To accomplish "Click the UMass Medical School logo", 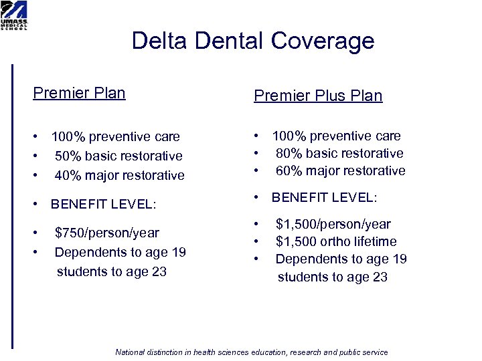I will coord(14,15).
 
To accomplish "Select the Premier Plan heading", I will coord(79,93).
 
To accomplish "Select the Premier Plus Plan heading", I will coord(318,96).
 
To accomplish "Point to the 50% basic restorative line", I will coord(118,156).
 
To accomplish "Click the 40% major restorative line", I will coord(119,176).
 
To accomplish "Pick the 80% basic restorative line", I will coord(339,154).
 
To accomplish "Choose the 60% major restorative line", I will coord(340,171).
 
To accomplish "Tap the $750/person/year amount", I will coord(107,233).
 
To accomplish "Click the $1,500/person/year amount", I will coord(333,225).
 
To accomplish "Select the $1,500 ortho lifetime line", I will coord(336,242).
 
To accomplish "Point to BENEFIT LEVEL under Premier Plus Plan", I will coord(324,199).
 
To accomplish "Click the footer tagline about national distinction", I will coord(252,352).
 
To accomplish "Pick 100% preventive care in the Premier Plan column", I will coord(115,137).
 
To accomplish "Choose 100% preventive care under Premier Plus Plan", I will coord(336,136).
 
